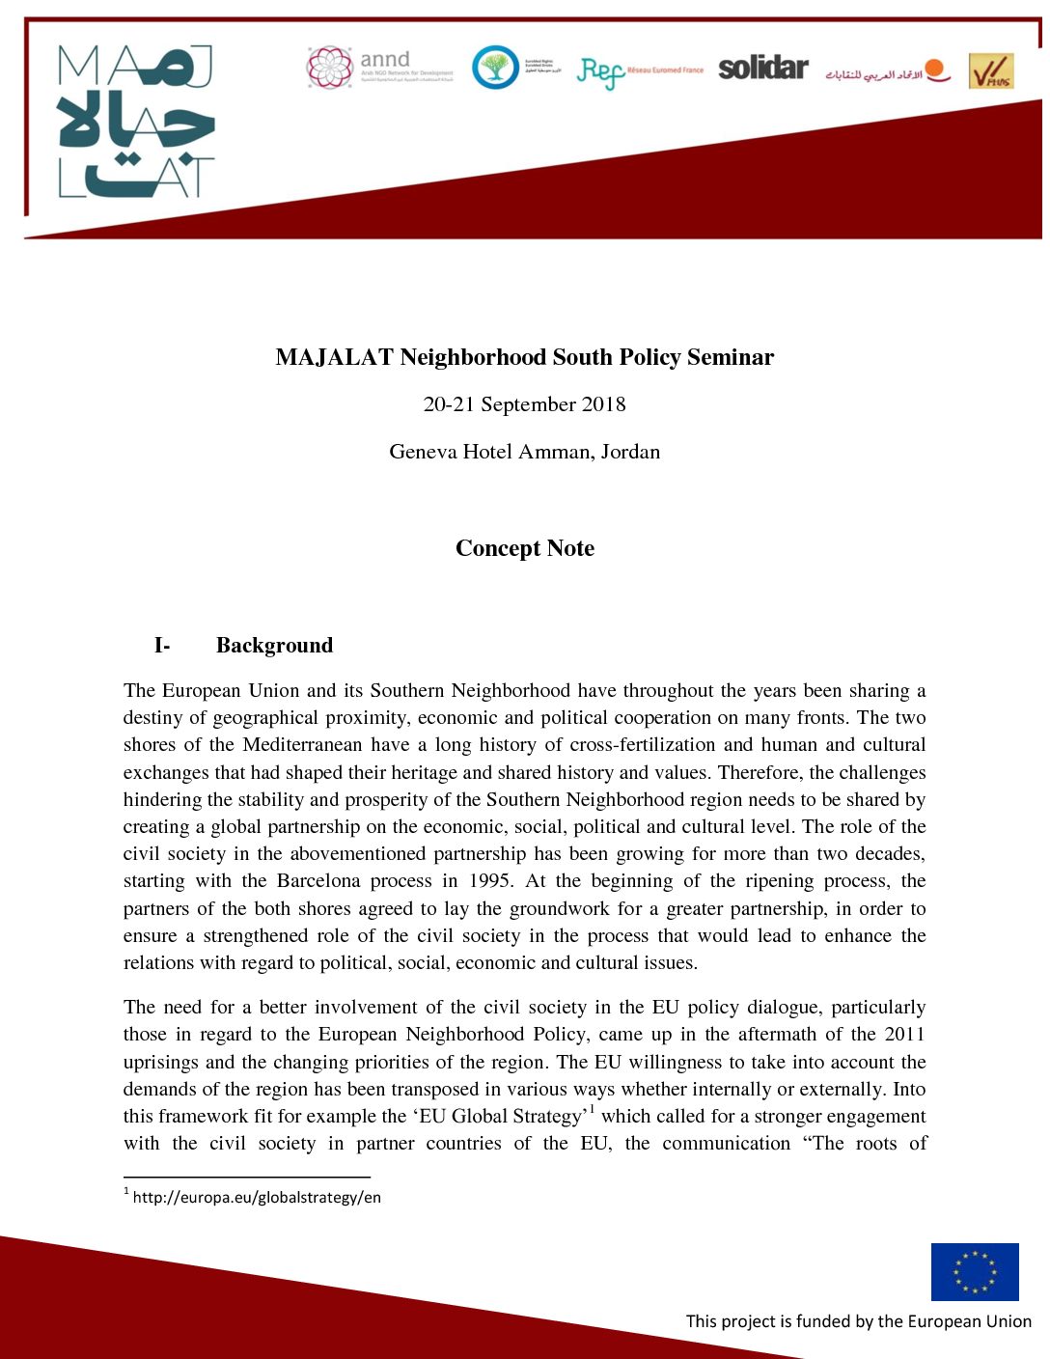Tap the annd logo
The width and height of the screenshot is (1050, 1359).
[x=379, y=68]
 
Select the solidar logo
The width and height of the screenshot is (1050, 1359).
[x=762, y=68]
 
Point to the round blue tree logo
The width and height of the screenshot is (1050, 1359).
[x=495, y=68]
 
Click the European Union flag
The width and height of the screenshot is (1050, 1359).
[x=975, y=1271]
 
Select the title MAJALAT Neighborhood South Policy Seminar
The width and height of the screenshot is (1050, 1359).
[x=524, y=357]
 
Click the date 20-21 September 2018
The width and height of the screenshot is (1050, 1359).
[x=524, y=404]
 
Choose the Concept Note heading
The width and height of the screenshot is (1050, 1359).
[x=524, y=548]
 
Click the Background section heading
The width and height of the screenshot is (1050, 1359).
[x=274, y=646]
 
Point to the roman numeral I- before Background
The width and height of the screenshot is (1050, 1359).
[x=162, y=646]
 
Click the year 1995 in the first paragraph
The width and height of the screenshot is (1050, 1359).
[x=490, y=881]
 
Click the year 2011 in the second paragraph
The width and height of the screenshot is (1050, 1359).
[x=904, y=1035]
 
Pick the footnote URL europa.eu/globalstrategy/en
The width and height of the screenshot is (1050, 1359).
[x=257, y=1198]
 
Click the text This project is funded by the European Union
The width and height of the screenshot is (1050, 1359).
[x=858, y=1321]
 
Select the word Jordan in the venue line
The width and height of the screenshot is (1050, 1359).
[x=630, y=452]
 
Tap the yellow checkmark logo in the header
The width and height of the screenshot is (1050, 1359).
[x=991, y=71]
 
